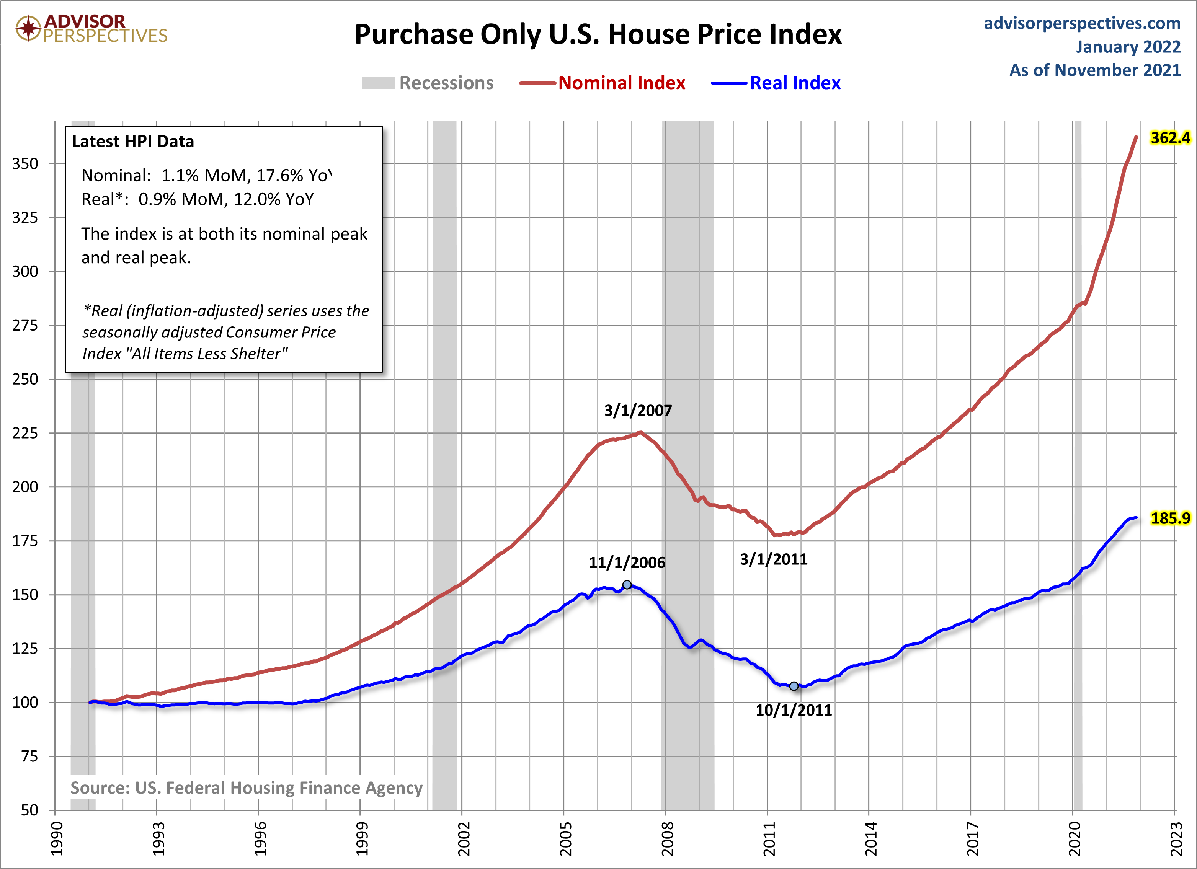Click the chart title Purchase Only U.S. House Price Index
pyautogui.click(x=598, y=35)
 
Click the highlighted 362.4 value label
pyautogui.click(x=1170, y=138)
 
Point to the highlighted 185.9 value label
pyautogui.click(x=1170, y=518)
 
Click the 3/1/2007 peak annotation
pyautogui.click(x=638, y=411)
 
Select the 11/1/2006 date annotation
pyautogui.click(x=627, y=562)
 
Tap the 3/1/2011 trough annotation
pyautogui.click(x=773, y=559)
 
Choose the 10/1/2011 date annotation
pyautogui.click(x=793, y=710)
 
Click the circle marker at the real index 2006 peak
pyautogui.click(x=627, y=585)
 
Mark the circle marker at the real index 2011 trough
pyautogui.click(x=794, y=686)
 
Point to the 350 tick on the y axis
pyautogui.click(x=25, y=163)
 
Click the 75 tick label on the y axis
pyautogui.click(x=29, y=756)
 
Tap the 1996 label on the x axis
pyautogui.click(x=260, y=839)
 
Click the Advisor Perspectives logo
pyautogui.click(x=91, y=28)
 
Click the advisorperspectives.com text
pyautogui.click(x=1082, y=23)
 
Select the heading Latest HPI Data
pyautogui.click(x=133, y=142)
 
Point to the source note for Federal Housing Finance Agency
pyautogui.click(x=247, y=788)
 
